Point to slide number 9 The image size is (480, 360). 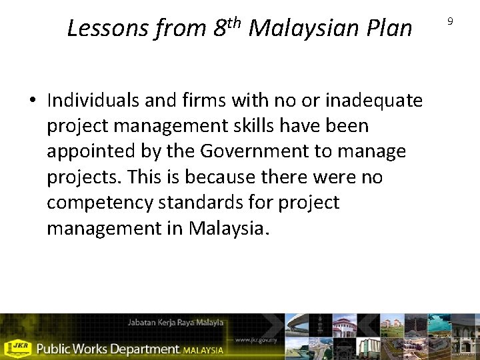point(450,21)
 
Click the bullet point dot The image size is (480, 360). point(33,101)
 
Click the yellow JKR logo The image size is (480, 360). point(17,348)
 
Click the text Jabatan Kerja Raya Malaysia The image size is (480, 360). point(175,323)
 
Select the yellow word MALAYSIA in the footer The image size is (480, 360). point(203,349)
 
